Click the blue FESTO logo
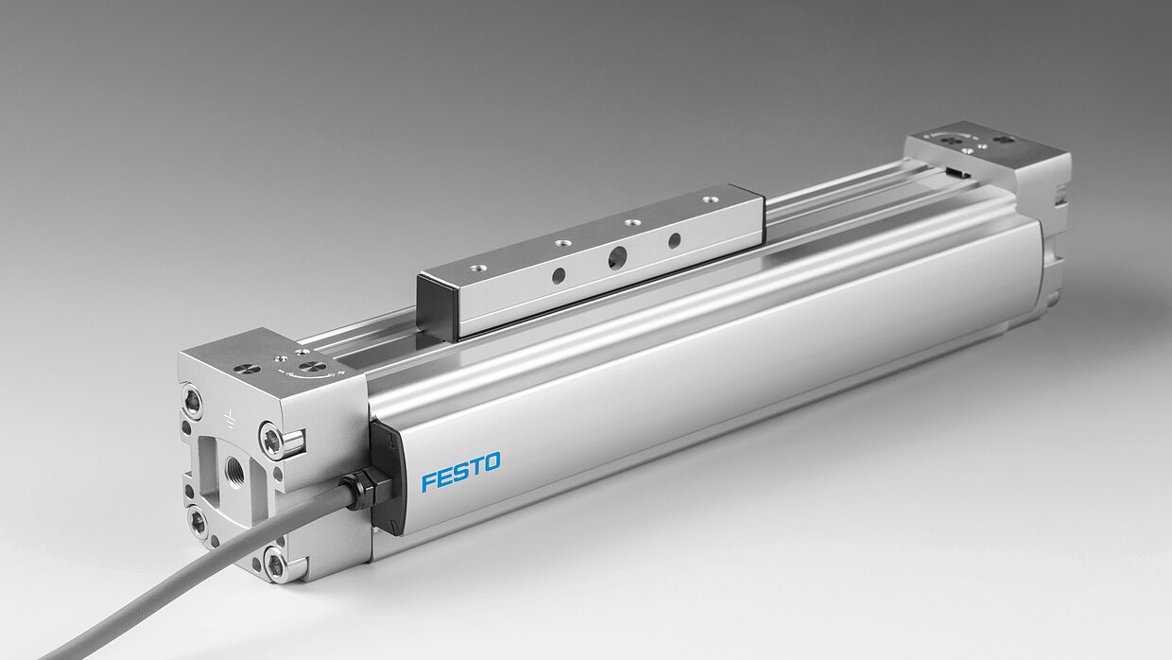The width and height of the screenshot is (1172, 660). (461, 472)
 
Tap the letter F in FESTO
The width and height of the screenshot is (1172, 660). (429, 482)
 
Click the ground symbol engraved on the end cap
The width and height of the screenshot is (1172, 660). (229, 419)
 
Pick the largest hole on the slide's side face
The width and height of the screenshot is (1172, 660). (617, 258)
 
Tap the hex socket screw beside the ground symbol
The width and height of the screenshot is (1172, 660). (272, 441)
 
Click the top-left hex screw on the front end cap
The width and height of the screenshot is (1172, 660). (193, 402)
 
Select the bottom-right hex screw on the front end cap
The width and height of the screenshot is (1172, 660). (275, 565)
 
